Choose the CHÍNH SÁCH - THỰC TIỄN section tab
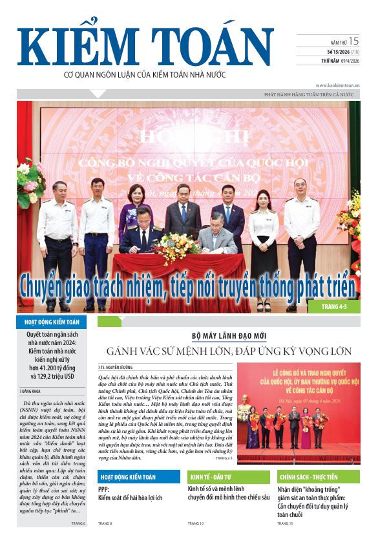click(309, 477)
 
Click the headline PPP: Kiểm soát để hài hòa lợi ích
click(131, 494)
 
